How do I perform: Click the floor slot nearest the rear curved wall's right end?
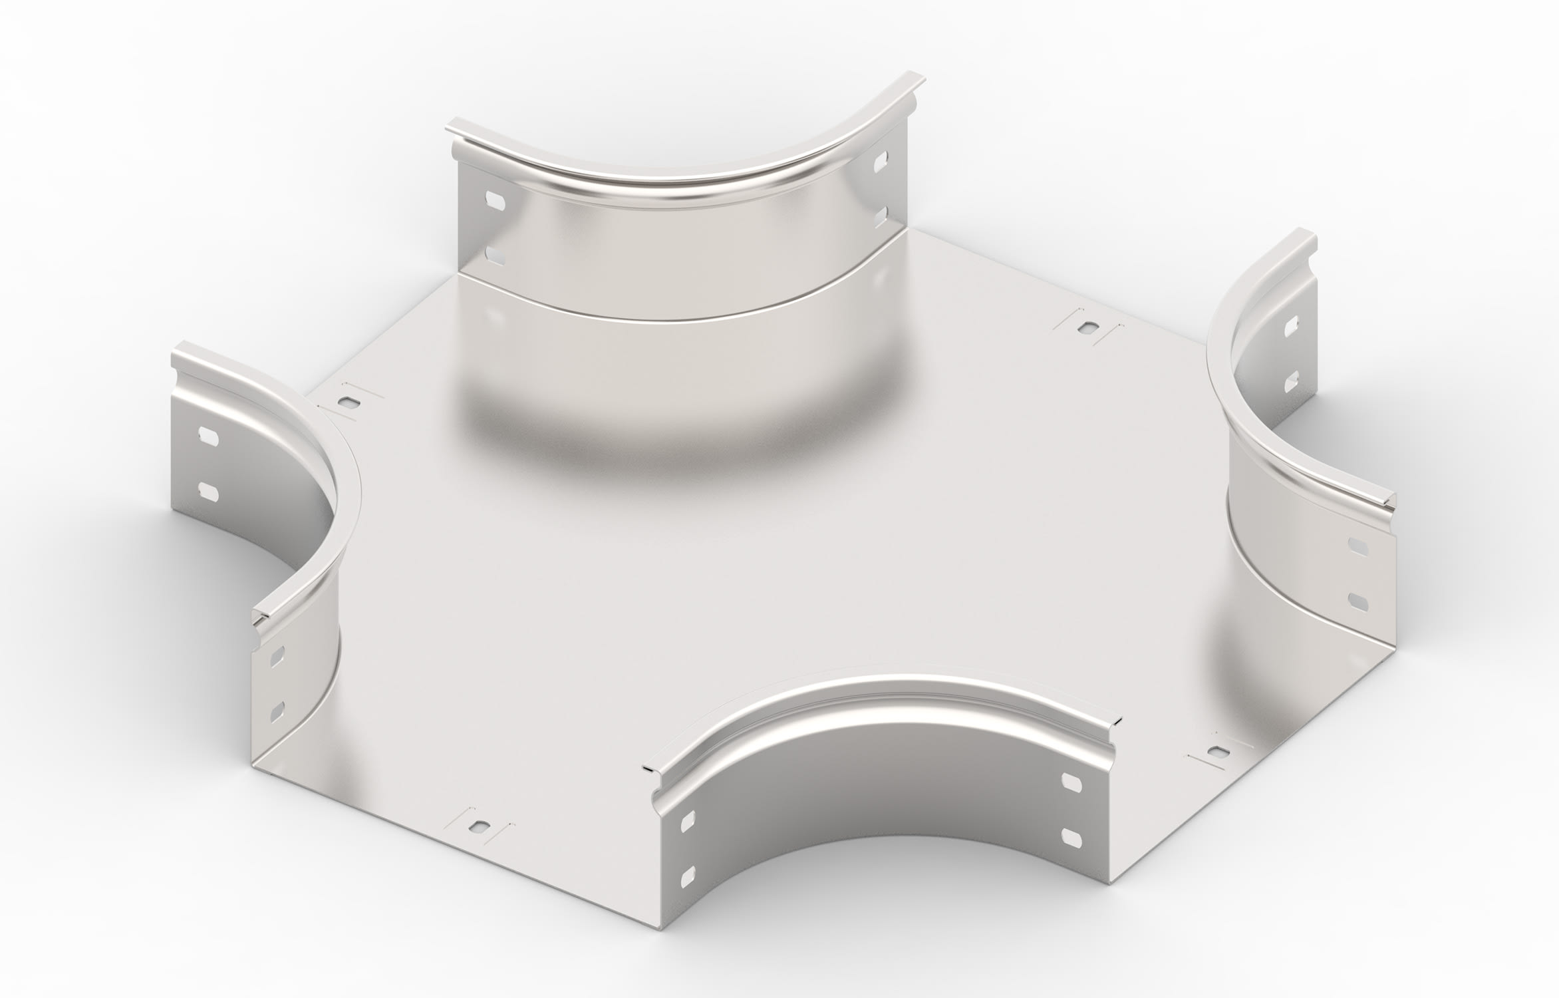(x=1089, y=327)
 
